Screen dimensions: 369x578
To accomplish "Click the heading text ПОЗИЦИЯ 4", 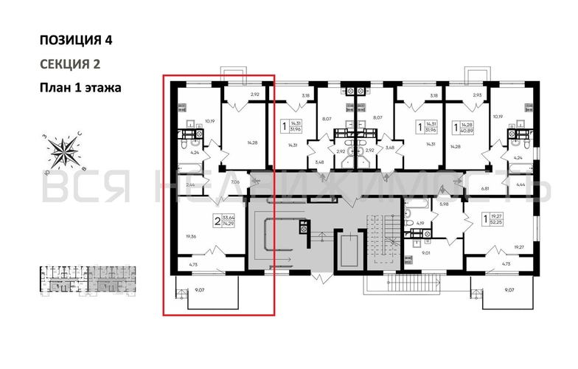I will pos(76,40).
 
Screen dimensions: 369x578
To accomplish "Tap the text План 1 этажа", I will pos(80,87).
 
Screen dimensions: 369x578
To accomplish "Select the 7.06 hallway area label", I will pos(236,182).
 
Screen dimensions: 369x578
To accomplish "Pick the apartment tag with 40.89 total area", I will pos(462,130).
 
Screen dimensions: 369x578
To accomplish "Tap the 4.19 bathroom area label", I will pos(419,223).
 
